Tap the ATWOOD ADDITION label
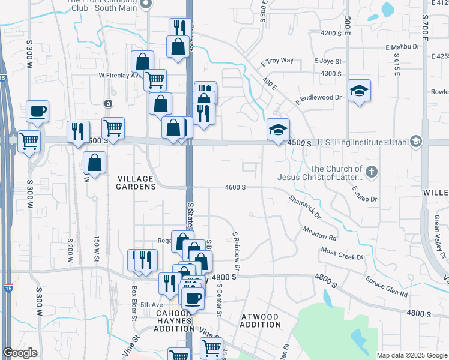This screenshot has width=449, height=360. [x=260, y=320]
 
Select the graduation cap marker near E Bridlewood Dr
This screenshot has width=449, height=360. [x=359, y=91]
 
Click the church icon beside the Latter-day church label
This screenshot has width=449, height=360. [x=372, y=172]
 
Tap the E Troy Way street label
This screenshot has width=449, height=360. [x=277, y=61]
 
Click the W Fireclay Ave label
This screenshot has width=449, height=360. [x=119, y=76]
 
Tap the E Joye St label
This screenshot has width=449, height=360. [x=327, y=61]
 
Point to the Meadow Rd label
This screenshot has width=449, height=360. [x=319, y=233]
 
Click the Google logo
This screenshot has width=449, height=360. [x=20, y=353]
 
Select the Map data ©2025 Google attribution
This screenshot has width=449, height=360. [x=411, y=355]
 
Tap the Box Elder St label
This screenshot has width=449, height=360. [x=134, y=292]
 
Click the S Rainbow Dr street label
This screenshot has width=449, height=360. [x=237, y=250]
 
